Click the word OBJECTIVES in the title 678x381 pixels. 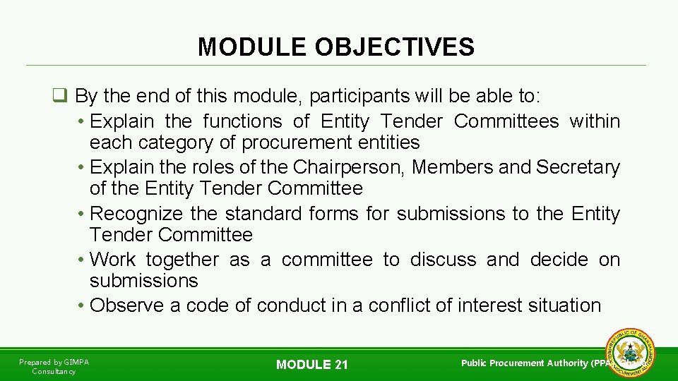(x=395, y=47)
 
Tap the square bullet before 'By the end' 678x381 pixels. (x=60, y=96)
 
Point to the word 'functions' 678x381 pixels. (x=242, y=121)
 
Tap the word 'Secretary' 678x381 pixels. (x=578, y=167)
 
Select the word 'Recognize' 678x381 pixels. (x=136, y=214)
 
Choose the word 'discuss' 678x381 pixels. (x=443, y=260)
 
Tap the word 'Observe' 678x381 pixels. (x=126, y=306)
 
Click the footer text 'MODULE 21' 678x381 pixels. (x=312, y=365)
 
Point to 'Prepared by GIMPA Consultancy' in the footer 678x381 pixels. (x=54, y=366)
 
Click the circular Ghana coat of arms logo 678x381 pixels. (x=630, y=352)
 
